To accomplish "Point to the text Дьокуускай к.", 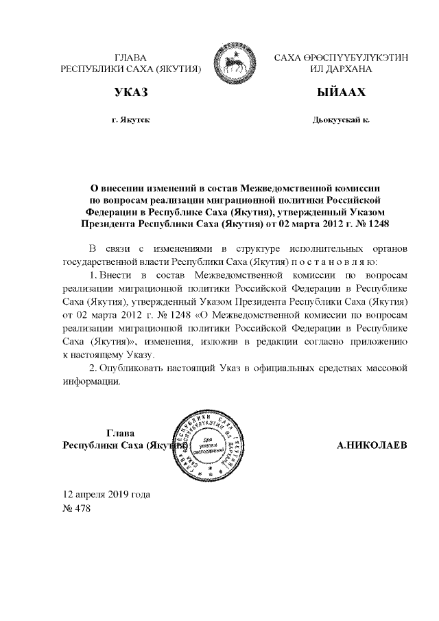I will point(340,119).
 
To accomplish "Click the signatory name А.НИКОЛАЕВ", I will point(372,445).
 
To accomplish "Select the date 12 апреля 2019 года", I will point(106,494).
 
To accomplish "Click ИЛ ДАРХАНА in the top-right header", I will point(340,69).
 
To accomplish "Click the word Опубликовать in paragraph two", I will point(128,369).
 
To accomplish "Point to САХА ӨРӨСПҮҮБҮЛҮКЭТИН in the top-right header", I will point(340,58).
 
